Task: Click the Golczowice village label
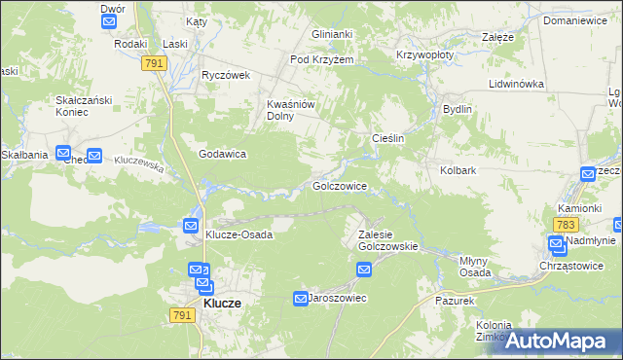pos(339,185)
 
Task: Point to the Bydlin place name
pos(457,109)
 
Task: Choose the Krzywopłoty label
pos(424,55)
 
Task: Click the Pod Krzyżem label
pos(321,59)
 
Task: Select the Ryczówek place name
pos(226,75)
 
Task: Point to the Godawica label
pos(222,154)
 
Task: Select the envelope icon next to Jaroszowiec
pos(302,298)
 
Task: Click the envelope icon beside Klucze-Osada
pos(192,226)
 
